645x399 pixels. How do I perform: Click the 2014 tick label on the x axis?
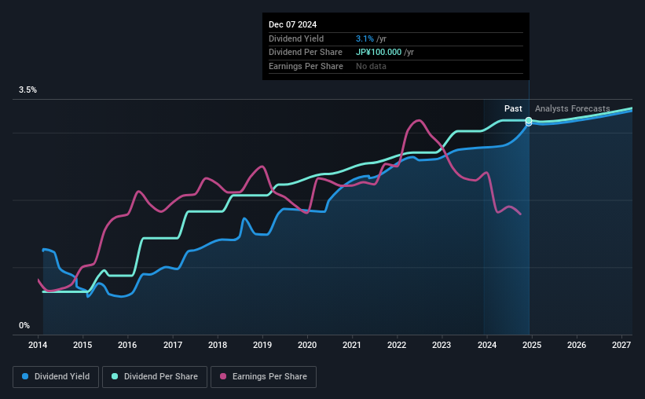[38, 345]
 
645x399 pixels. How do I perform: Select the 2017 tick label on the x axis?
[173, 345]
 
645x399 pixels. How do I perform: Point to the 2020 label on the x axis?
[307, 345]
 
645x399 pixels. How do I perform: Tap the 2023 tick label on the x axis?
[442, 345]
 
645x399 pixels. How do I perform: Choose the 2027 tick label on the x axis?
[621, 345]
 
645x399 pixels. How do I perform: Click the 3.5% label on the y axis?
[28, 90]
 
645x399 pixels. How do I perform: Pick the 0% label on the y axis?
[24, 325]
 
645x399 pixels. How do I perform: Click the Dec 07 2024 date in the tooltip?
[293, 24]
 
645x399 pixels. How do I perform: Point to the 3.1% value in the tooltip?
[364, 38]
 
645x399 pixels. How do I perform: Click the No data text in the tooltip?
[371, 67]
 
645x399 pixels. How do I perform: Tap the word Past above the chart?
[513, 108]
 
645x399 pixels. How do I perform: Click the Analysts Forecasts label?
[572, 108]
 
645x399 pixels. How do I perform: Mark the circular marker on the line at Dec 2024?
[529, 122]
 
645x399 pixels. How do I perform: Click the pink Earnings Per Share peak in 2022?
[418, 120]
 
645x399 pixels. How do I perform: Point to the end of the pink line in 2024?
[520, 214]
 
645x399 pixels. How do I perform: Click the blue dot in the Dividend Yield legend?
[25, 377]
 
